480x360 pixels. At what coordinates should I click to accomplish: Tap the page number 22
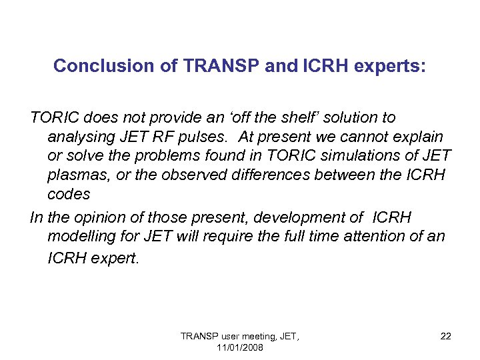coord(445,336)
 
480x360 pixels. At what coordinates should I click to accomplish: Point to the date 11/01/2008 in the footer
coord(240,348)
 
